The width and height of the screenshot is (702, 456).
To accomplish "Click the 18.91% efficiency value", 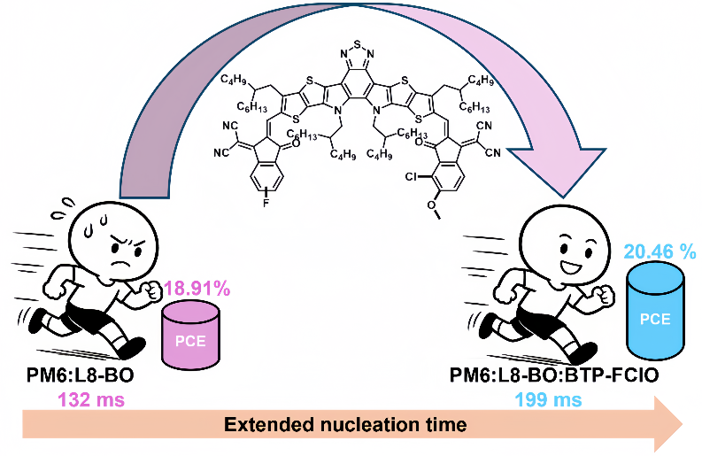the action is click(197, 289).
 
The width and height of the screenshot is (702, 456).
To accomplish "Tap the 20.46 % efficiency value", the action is click(660, 251).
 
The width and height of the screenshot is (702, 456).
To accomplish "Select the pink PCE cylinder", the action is click(190, 335).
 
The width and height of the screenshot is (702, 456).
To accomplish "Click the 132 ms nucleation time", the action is click(91, 399).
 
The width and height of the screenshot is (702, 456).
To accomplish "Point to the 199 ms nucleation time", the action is click(548, 399).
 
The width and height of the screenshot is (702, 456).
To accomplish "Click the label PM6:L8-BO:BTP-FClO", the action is click(554, 375).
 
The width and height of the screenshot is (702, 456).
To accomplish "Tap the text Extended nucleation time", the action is click(345, 424).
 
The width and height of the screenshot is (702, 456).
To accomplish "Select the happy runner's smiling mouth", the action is click(571, 267).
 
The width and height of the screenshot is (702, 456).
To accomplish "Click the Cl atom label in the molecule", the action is click(411, 177).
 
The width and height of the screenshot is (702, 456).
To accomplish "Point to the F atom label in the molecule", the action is click(266, 204).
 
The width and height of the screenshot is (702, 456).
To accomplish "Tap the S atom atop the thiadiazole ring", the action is click(357, 44).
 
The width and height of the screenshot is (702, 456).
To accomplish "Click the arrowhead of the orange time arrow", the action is click(668, 423).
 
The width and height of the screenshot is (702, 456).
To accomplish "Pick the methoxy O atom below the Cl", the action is click(431, 205).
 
